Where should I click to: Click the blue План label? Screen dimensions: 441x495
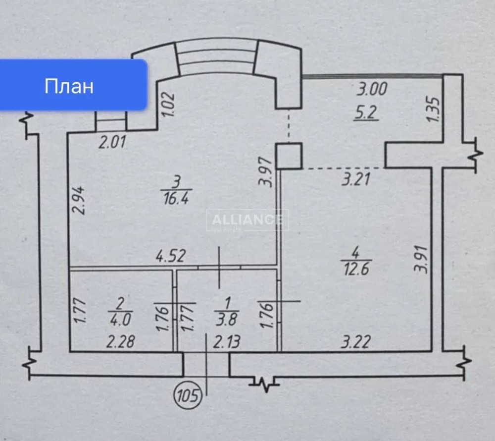tap(69, 86)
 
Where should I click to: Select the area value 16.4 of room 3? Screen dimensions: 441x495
tap(176, 199)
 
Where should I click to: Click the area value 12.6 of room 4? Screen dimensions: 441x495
tap(355, 270)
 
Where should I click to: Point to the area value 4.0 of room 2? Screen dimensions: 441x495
tap(120, 320)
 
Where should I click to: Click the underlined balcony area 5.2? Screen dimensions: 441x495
tap(367, 113)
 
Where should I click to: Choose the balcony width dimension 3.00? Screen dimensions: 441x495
tap(372, 89)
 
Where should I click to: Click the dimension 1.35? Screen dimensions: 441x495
tap(433, 110)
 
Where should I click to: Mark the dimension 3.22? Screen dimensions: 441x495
tap(354, 342)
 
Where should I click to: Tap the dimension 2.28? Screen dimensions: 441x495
tap(120, 342)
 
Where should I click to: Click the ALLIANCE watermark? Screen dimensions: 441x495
tap(247, 220)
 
